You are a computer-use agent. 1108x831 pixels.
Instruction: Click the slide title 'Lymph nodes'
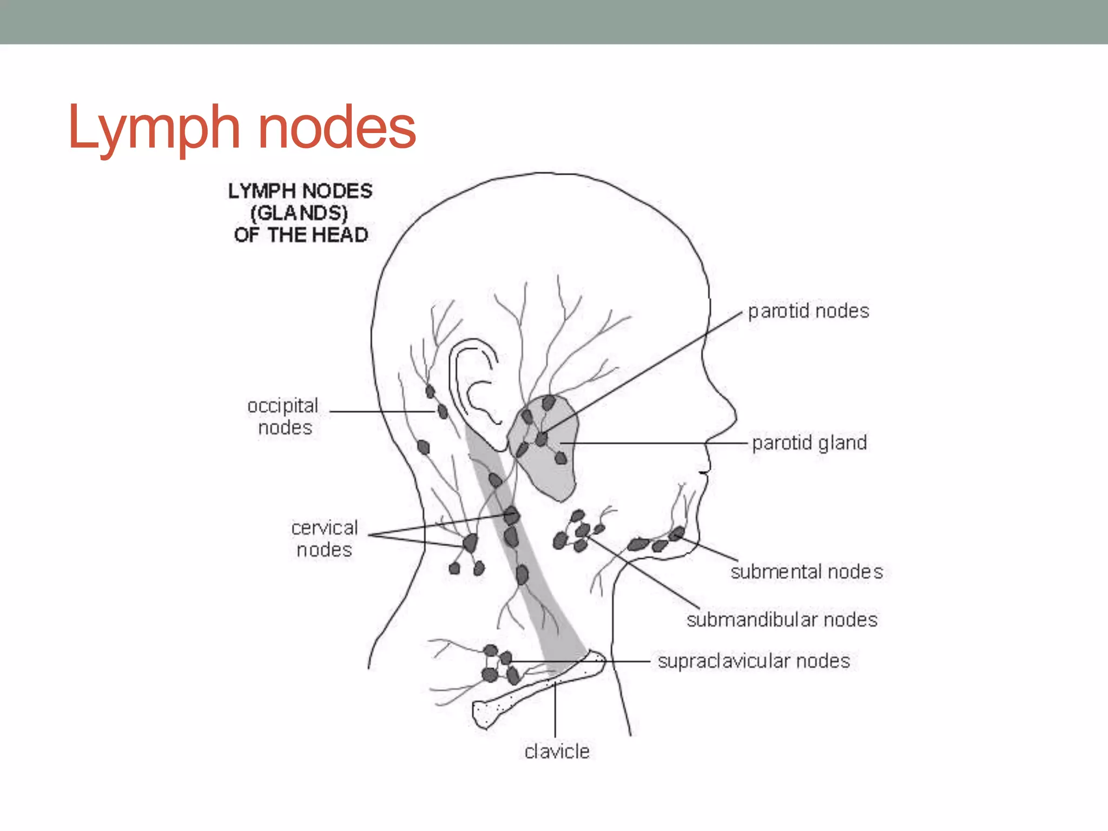click(x=242, y=128)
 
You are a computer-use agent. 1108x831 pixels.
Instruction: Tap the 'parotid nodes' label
click(x=808, y=312)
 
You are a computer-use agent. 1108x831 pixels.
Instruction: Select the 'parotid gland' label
click(x=809, y=443)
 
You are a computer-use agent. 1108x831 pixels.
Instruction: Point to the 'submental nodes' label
click(x=806, y=572)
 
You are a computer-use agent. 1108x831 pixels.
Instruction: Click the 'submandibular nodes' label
click(x=782, y=620)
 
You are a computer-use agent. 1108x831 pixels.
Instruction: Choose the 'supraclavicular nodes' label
click(x=754, y=661)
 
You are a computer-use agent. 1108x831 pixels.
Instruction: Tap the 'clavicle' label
click(x=557, y=751)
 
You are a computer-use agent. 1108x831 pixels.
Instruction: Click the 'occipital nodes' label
click(x=283, y=417)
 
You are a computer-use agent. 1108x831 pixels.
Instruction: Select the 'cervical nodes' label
click(x=325, y=539)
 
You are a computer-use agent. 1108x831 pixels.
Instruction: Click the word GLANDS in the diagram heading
click(x=299, y=213)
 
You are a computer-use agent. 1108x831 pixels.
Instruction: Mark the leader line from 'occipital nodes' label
click(x=379, y=412)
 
